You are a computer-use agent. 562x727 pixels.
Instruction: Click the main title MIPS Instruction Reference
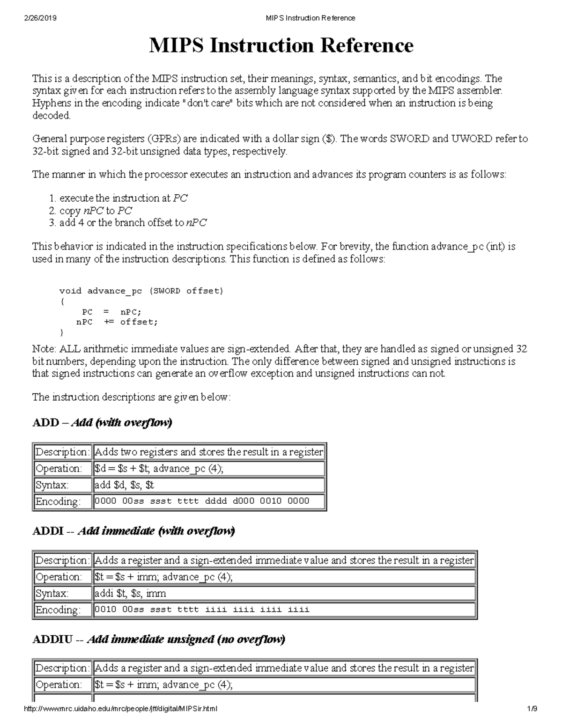click(x=281, y=46)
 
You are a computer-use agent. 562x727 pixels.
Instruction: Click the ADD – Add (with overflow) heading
click(x=102, y=423)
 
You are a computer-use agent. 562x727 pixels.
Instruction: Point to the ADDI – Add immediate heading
click(x=133, y=531)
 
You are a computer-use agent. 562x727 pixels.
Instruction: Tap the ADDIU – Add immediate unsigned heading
click(x=158, y=639)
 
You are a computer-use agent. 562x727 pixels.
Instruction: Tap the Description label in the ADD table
click(x=62, y=452)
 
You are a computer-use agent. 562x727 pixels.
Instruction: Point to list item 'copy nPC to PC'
click(x=96, y=211)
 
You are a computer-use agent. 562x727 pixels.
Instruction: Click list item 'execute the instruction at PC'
click(x=124, y=198)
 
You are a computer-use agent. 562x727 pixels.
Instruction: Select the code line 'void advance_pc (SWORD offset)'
click(x=141, y=291)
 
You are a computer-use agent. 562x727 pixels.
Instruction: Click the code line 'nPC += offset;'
click(x=117, y=322)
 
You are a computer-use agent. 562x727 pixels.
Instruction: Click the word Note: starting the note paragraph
click(x=44, y=349)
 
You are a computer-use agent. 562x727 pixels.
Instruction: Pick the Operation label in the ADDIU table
click(x=58, y=685)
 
